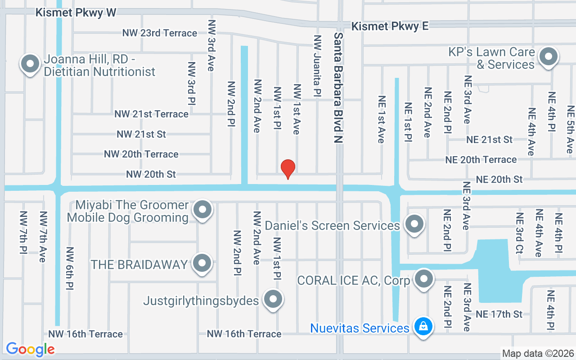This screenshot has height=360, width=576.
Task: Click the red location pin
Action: (288, 168)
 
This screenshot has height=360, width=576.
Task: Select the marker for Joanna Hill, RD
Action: (30, 64)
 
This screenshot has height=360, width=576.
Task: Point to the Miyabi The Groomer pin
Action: (202, 210)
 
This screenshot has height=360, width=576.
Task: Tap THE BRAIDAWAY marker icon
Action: (202, 263)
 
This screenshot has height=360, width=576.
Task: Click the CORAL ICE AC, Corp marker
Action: (423, 279)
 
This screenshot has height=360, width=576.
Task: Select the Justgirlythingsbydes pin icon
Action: (273, 299)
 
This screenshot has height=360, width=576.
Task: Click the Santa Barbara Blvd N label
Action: (338, 88)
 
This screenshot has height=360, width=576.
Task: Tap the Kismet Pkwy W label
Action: (76, 13)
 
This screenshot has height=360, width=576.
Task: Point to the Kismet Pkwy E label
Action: (390, 26)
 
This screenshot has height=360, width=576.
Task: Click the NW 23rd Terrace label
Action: (160, 33)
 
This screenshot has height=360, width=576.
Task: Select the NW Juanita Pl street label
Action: (317, 66)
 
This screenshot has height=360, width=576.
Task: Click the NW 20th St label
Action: (151, 174)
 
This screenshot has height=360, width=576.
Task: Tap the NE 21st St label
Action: (489, 139)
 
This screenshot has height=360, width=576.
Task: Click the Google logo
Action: (30, 349)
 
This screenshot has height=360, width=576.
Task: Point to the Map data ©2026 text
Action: (538, 353)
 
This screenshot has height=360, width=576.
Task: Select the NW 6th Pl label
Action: (70, 268)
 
